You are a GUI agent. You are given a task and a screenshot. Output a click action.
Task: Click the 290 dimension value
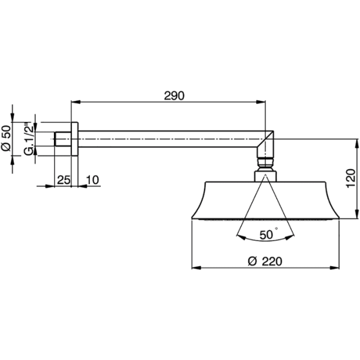pos(174,96)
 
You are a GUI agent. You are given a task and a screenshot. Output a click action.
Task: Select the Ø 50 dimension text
pos(6,138)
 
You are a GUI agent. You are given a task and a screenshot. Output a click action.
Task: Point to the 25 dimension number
pos(64,180)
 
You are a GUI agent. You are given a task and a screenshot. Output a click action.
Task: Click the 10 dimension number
pos(92,180)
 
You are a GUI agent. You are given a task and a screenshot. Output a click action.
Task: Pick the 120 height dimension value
pos(350,178)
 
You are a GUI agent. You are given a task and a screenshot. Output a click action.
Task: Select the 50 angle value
pos(266,235)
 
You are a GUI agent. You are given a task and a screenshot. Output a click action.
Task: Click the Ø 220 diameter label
pos(265,262)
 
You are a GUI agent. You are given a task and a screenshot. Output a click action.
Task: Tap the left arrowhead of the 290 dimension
pos(76,102)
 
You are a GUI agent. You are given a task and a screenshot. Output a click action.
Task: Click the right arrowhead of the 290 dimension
pos(261,102)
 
